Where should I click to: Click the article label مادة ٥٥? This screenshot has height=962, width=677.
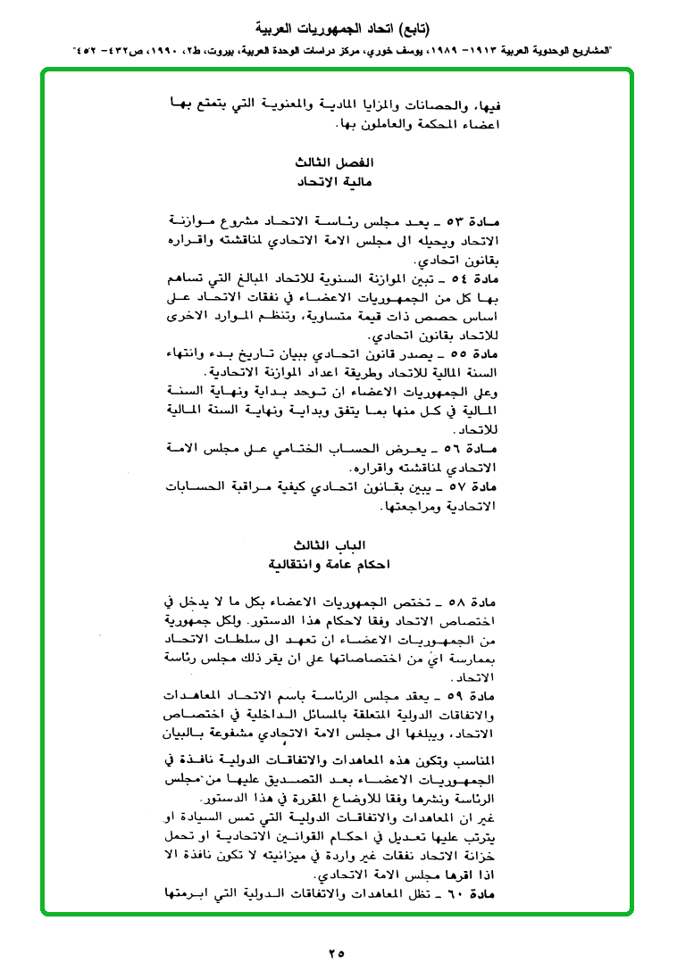[x=472, y=355]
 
